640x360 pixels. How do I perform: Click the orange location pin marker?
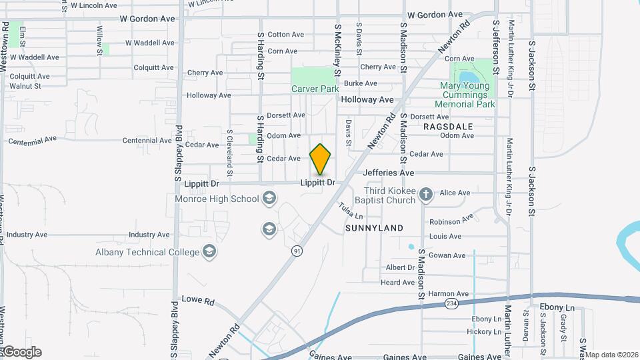click(x=321, y=159)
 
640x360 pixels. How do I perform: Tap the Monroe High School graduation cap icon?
click(x=269, y=197)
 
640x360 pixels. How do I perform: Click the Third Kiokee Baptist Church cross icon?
click(x=427, y=195)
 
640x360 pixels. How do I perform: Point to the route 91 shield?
click(x=296, y=251)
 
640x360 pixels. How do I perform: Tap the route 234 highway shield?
click(x=451, y=304)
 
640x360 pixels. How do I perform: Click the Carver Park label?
click(x=315, y=89)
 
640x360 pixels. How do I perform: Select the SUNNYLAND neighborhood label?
click(x=374, y=228)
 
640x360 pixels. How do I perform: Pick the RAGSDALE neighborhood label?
click(x=448, y=126)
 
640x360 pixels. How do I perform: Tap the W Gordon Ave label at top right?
click(x=435, y=14)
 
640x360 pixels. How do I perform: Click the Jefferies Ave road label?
click(x=389, y=173)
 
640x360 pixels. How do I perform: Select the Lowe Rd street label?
click(x=197, y=301)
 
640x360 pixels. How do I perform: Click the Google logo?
click(x=21, y=352)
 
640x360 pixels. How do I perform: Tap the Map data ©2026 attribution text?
click(x=611, y=355)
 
